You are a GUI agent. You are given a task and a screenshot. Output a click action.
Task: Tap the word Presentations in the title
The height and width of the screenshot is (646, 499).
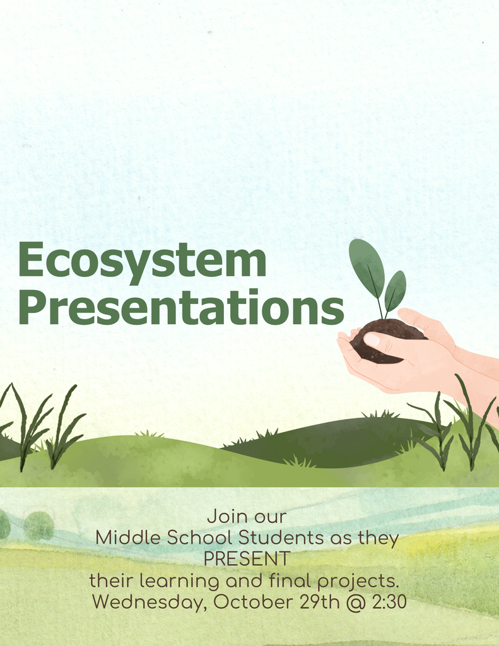(x=181, y=308)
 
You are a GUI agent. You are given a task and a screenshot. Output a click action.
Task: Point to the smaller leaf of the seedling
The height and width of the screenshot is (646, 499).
(x=395, y=291)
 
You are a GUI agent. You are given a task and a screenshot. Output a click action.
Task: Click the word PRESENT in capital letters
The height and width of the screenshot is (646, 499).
(x=247, y=559)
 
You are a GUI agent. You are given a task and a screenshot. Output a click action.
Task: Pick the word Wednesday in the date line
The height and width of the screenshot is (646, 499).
(x=149, y=602)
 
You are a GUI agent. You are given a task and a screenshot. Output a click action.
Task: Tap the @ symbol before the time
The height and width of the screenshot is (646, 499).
(x=356, y=602)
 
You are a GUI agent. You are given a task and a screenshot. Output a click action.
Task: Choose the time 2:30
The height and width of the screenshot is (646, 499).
(x=389, y=602)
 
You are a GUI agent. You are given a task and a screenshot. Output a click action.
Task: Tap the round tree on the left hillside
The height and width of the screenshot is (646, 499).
(x=38, y=526)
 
